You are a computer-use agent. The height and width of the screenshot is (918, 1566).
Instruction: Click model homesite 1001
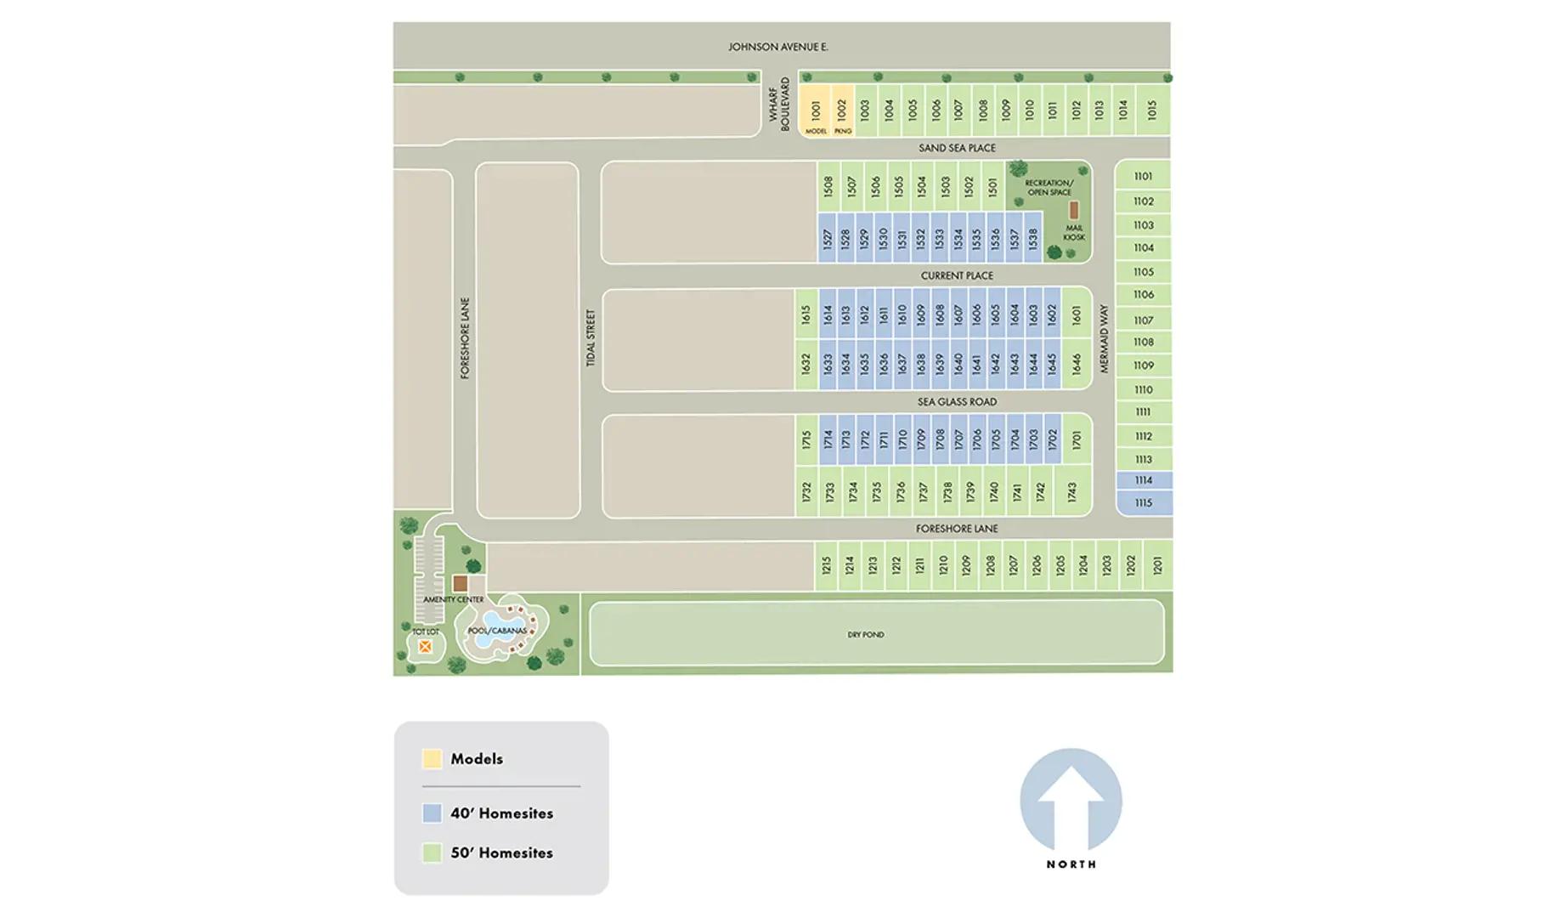[816, 110]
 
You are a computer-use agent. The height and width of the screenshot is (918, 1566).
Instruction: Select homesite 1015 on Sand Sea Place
[1152, 110]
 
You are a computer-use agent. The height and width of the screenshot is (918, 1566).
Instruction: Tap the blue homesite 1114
[1144, 480]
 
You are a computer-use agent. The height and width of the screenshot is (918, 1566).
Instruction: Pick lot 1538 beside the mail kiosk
[1033, 238]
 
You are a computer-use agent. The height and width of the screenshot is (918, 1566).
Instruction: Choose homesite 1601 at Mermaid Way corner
[1077, 314]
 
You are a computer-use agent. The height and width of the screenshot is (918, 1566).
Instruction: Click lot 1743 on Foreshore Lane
[1072, 491]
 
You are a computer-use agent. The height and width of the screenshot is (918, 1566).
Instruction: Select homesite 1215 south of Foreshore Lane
[826, 565]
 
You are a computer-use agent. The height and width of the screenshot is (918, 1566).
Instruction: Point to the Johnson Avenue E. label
[777, 47]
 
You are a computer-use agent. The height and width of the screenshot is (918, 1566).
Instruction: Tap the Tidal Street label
[591, 337]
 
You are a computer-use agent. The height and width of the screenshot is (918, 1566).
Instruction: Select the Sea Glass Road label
[957, 402]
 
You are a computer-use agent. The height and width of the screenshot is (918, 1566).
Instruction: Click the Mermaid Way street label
[1105, 338]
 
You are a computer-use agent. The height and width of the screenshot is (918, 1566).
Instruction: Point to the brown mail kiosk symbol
[1073, 210]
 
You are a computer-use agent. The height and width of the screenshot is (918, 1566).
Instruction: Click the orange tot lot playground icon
[425, 647]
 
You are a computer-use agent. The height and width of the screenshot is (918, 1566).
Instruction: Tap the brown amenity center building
[460, 583]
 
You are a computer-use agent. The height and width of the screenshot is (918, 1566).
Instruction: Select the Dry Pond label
[865, 634]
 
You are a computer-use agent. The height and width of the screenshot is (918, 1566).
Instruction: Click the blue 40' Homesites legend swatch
[432, 813]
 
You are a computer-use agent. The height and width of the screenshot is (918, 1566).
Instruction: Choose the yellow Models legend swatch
[432, 759]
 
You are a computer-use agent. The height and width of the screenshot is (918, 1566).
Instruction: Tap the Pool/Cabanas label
[497, 631]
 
